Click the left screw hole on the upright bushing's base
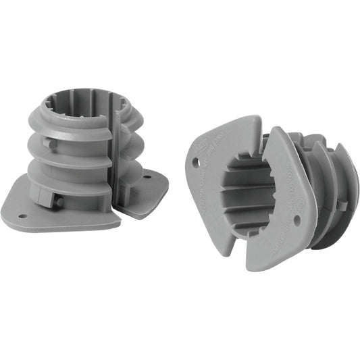(x=23, y=216)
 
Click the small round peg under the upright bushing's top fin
(x=47, y=143)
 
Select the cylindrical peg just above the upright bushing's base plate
(x=59, y=201)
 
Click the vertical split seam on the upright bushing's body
(x=113, y=155)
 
